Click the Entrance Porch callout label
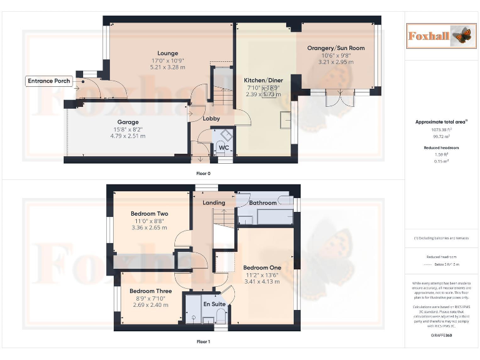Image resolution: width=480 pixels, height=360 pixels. tap(49, 81)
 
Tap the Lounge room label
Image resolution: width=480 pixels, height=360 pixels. tap(167, 53)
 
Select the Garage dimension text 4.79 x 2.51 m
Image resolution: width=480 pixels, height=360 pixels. tap(127, 136)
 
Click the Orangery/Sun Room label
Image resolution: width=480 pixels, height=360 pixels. tap(336, 48)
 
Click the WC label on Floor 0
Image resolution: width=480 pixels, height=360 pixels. tap(223, 148)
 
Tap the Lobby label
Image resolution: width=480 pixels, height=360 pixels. tap(211, 119)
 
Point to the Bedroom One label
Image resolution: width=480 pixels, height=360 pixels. tap(262, 267)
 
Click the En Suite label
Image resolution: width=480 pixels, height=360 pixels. tap(214, 304)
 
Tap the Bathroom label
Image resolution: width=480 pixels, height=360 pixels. tap(262, 202)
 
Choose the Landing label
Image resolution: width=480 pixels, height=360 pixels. tap(214, 202)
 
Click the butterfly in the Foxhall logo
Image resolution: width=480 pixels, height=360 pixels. tap(460, 36)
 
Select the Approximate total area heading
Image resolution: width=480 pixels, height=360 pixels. tap(442, 122)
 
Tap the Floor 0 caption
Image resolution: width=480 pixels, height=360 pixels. tap(203, 173)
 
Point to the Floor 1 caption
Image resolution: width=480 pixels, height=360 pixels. tap(203, 342)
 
